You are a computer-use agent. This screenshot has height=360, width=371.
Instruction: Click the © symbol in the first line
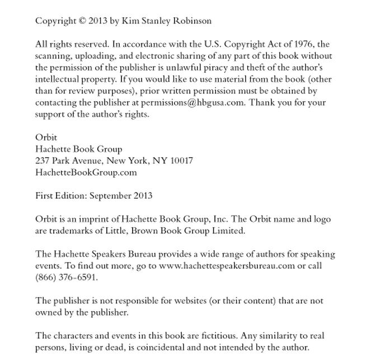coord(83,21)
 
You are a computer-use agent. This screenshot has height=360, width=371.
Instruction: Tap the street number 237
coord(43,161)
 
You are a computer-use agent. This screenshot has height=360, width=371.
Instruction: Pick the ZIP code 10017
coord(182,161)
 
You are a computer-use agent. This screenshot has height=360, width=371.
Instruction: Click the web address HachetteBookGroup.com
coord(86,172)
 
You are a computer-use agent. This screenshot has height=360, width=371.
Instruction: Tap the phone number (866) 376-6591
coord(66,278)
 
